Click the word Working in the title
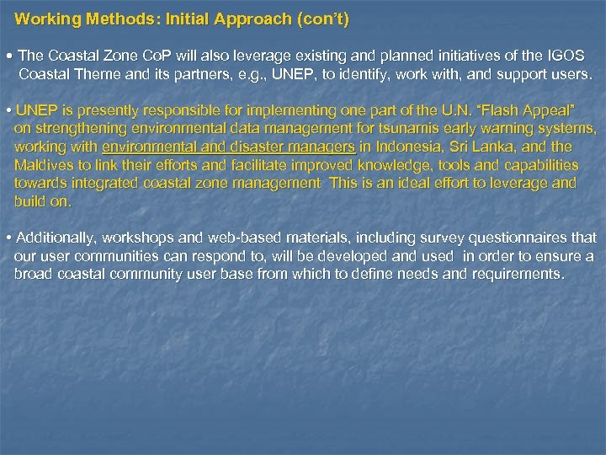click(x=42, y=18)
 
